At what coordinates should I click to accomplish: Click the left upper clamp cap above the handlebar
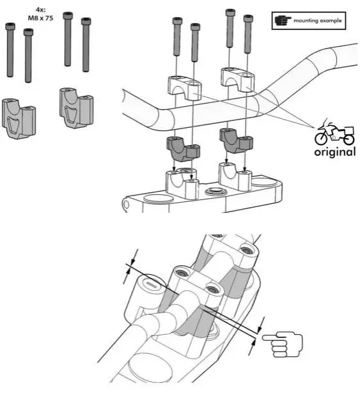coord(185,86)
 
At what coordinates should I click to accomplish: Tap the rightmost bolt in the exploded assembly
coord(247,39)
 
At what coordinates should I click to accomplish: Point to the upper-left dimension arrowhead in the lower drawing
coord(132,263)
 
